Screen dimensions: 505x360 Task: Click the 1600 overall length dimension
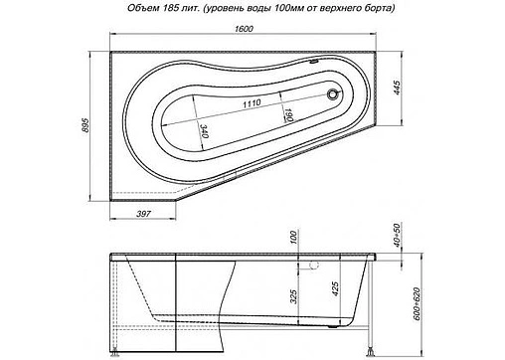pos(244,29)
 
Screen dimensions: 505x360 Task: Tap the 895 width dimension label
pos(85,125)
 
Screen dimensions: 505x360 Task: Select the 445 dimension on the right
pos(397,88)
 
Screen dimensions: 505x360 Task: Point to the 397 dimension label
pos(144,214)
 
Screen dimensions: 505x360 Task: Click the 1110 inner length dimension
pos(252,103)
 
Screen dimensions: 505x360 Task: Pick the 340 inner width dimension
pos(204,130)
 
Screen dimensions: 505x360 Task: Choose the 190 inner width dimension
pos(288,114)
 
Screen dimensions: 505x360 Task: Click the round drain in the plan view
pos(332,94)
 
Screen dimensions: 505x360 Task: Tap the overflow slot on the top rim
pos(314,61)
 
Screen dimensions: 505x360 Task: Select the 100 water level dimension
pos(293,238)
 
